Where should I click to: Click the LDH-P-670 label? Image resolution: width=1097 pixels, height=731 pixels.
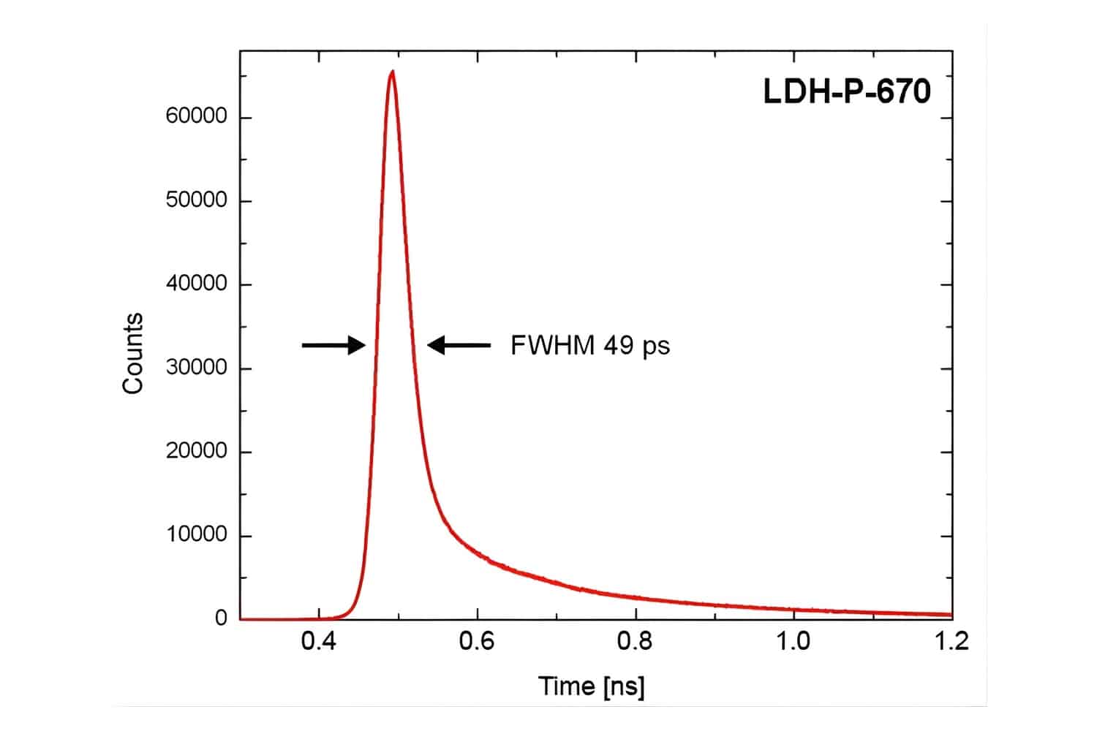click(847, 92)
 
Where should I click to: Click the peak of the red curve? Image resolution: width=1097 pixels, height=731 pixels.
click(393, 72)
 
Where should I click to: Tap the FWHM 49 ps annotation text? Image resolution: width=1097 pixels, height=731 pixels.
click(589, 345)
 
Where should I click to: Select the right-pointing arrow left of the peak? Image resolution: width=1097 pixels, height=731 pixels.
click(333, 345)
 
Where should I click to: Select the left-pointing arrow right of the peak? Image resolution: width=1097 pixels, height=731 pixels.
click(459, 345)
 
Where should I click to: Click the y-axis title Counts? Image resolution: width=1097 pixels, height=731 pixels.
click(132, 354)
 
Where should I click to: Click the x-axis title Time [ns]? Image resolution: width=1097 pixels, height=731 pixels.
click(591, 686)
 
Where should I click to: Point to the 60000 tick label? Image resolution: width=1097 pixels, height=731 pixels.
click(196, 117)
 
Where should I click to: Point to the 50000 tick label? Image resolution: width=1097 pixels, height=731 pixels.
click(196, 200)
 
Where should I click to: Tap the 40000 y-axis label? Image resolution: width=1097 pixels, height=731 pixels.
click(196, 284)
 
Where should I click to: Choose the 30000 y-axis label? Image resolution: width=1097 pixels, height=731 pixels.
click(196, 368)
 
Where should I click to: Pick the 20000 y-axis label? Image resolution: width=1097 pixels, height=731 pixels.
click(196, 451)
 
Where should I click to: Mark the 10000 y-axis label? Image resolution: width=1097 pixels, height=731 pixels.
click(196, 535)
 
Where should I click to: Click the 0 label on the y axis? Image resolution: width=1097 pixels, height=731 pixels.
click(221, 618)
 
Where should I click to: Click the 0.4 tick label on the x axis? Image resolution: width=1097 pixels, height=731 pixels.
click(318, 641)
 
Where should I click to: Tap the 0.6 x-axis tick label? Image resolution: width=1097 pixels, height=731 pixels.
click(477, 641)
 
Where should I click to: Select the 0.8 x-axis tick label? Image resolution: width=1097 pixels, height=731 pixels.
click(635, 641)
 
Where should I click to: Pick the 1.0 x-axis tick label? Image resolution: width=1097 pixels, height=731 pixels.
click(793, 641)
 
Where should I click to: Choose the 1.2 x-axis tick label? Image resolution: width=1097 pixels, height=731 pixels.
click(951, 641)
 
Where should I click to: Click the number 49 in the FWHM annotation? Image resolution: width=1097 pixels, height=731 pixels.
click(618, 345)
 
